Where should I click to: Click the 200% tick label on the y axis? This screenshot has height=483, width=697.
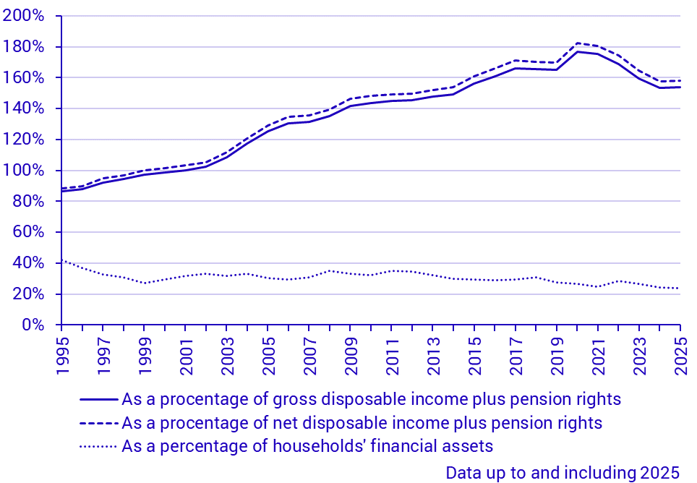coord(24,16)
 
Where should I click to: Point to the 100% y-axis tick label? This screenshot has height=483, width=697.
coord(24,171)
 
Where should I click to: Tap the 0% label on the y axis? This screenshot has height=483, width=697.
coord(32,325)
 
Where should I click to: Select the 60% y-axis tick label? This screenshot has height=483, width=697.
coord(28,233)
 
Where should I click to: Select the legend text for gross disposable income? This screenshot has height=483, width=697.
coord(371,399)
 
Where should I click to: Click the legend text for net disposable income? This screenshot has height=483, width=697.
coord(362,422)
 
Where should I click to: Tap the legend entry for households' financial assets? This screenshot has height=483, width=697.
coord(307,445)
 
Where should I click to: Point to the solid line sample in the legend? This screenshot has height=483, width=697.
coord(98,399)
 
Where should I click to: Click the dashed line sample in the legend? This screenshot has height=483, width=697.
coord(98,422)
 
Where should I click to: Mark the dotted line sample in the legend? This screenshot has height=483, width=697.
coord(98,445)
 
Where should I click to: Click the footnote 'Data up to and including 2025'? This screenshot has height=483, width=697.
coord(563,473)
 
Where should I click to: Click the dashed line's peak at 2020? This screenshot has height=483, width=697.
coord(577,43)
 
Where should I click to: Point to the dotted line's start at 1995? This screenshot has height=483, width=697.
coord(62,260)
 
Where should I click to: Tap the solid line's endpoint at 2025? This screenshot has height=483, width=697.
coord(680,87)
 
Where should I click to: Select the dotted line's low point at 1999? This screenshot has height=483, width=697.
coord(145,283)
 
